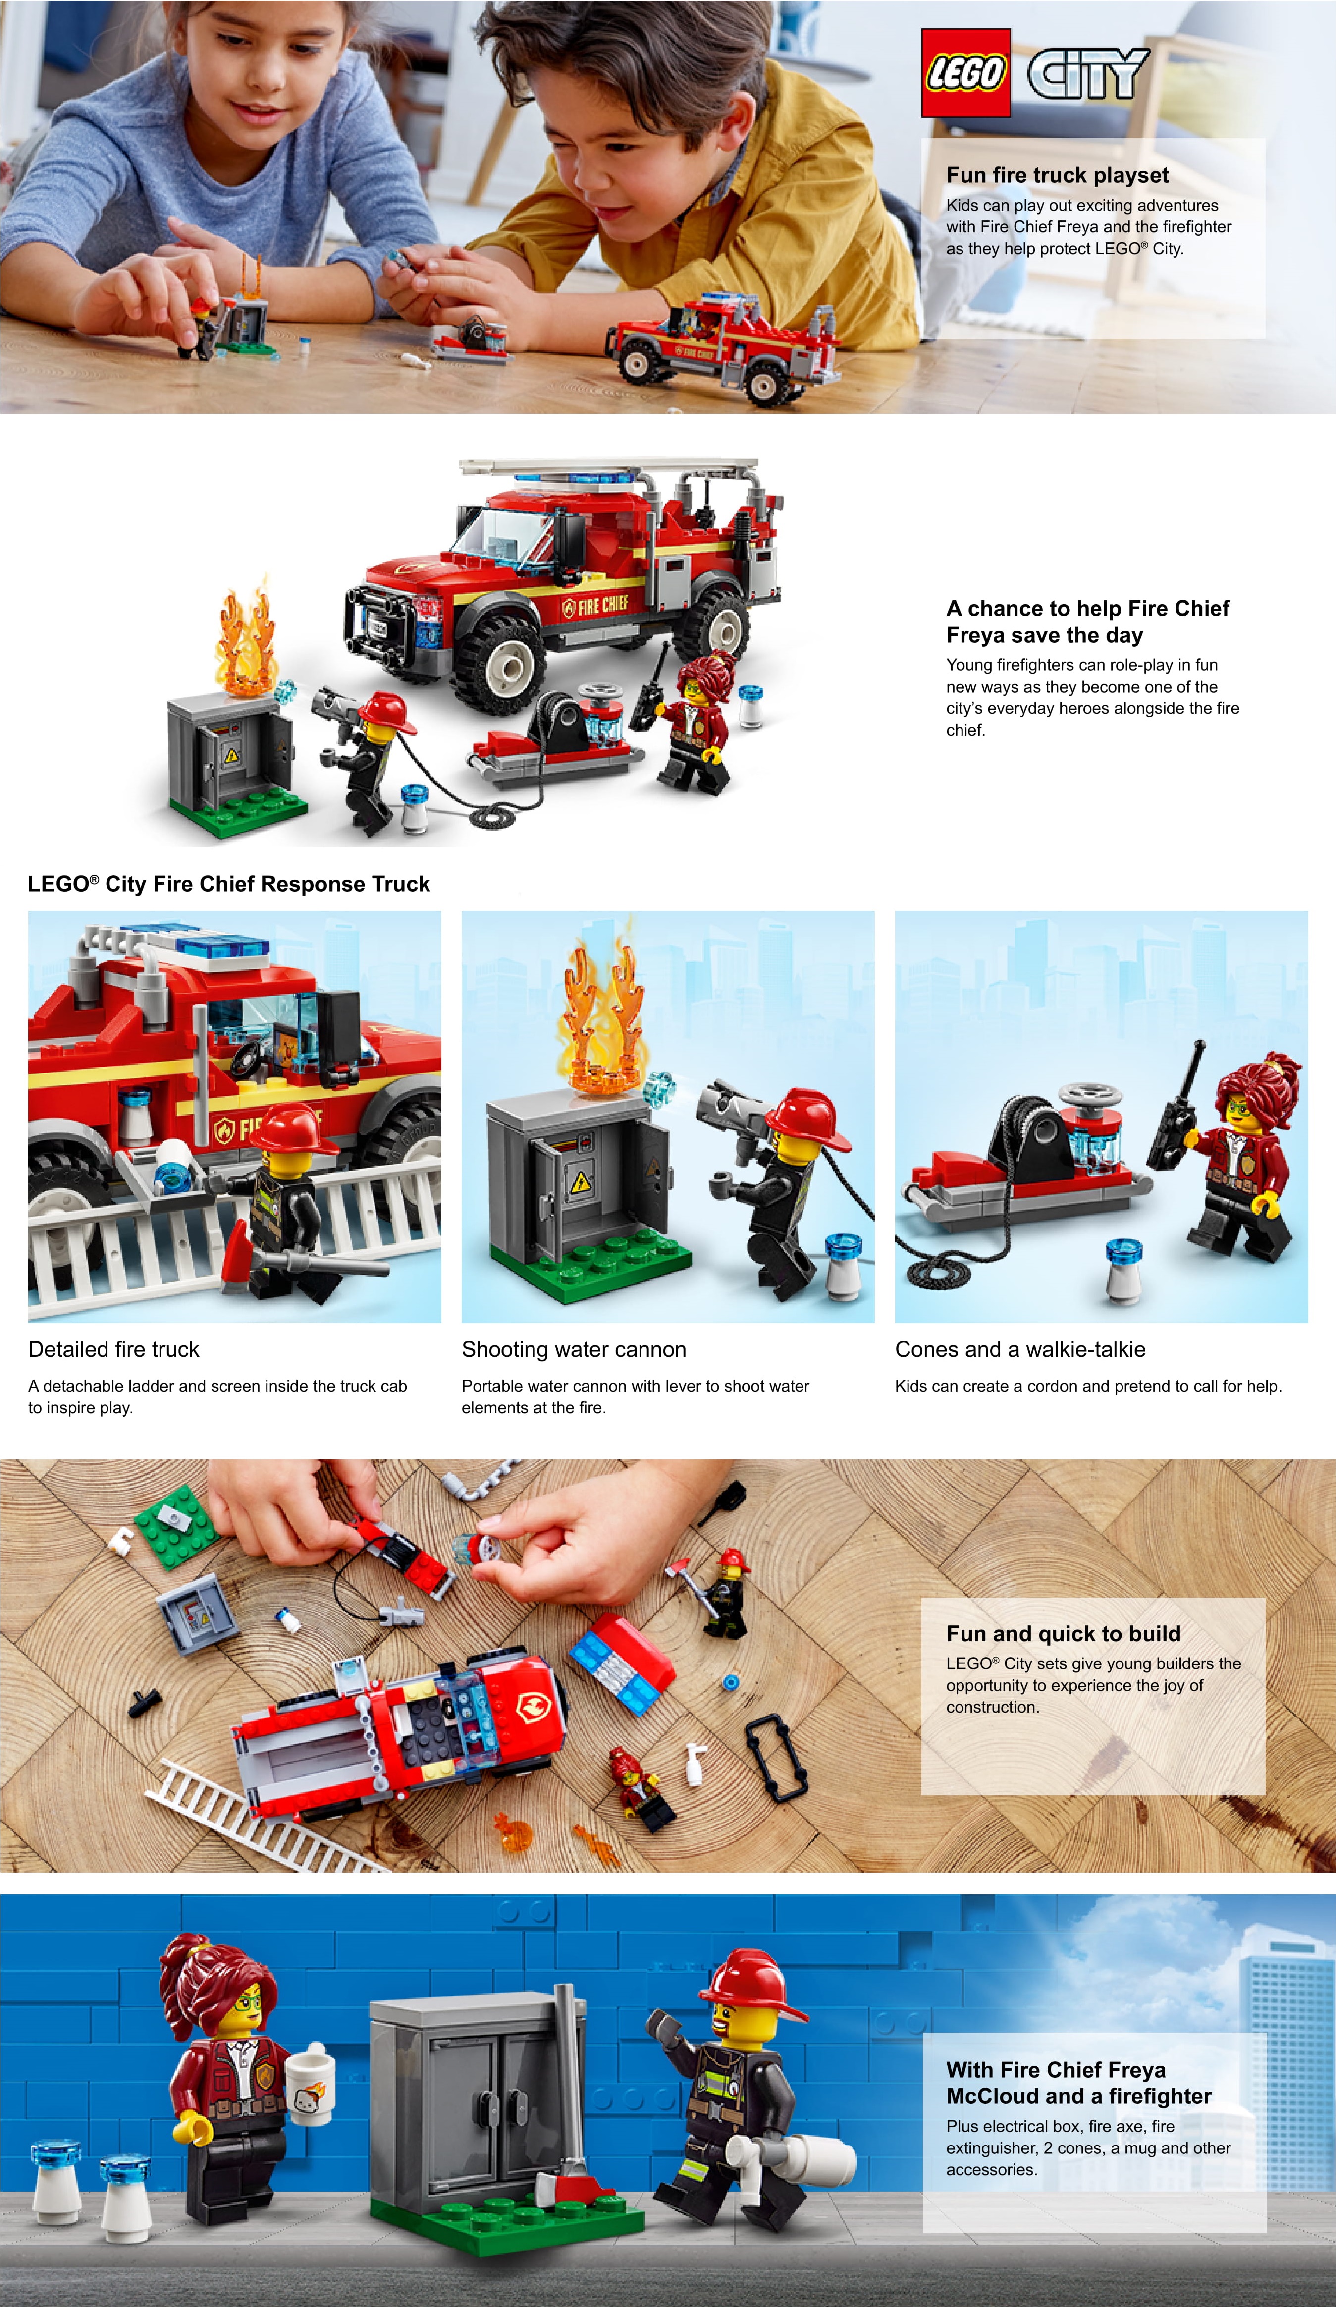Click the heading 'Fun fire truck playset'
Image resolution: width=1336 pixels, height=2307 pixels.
[1057, 175]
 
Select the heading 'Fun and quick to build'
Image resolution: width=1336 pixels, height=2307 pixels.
[1063, 1633]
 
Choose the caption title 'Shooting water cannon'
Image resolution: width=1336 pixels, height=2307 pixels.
[573, 1349]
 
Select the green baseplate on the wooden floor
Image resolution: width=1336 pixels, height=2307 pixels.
[180, 1526]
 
